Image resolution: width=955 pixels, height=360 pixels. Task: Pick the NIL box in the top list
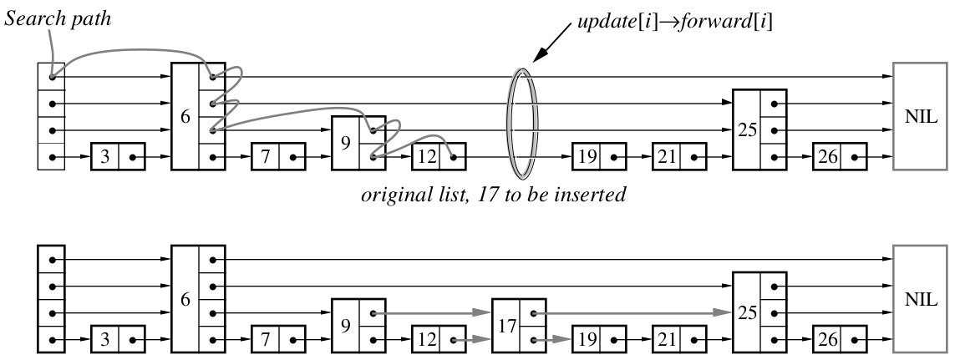918,116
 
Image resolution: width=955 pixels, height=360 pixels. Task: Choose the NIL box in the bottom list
918,300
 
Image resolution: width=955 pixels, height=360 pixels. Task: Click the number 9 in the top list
344,143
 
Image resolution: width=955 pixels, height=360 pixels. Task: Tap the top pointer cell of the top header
52,77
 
